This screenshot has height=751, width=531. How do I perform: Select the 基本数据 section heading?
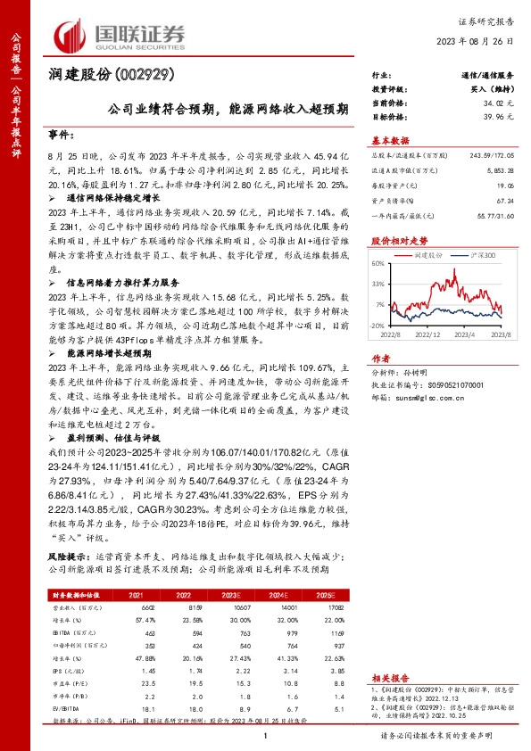pos(390,141)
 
